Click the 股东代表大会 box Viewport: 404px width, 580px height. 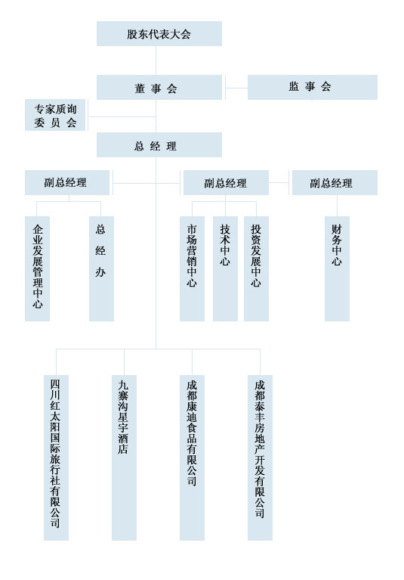tap(159, 34)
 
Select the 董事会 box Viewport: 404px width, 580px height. tap(159, 87)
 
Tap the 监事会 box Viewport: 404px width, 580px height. tap(313, 87)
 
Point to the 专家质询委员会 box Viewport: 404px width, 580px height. tap(55, 115)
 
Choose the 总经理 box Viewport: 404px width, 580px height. tap(159, 145)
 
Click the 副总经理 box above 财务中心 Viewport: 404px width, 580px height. tap(335, 182)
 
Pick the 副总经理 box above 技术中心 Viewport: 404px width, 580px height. tap(226, 182)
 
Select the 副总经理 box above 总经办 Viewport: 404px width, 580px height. tap(67, 182)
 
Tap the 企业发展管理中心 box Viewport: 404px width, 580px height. tap(37, 268)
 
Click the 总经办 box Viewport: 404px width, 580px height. tap(101, 268)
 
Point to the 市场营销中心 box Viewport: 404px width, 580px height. tap(192, 268)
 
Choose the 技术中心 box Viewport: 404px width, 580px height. tap(225, 268)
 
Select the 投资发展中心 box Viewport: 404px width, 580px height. tap(256, 268)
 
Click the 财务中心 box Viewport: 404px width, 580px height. tap(337, 268)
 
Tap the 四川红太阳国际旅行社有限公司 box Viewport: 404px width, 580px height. tap(56, 457)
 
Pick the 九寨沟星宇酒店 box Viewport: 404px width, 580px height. tap(124, 457)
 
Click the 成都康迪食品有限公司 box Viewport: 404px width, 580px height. tap(192, 457)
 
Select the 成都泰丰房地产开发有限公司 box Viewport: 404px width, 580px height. tap(260, 457)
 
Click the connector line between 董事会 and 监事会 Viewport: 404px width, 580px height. tap(236, 88)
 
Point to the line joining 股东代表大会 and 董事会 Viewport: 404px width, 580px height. tap(156, 60)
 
